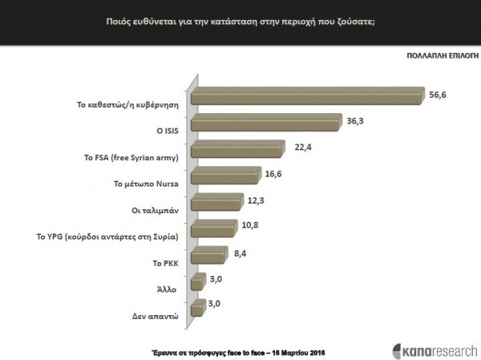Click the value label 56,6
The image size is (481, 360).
click(438, 93)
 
